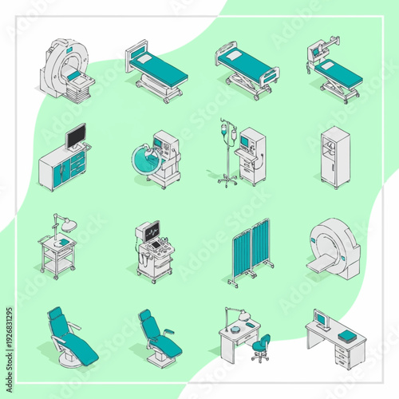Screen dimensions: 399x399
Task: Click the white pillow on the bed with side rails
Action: pos(234,55)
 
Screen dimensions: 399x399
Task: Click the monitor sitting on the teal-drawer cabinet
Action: pos(77,136)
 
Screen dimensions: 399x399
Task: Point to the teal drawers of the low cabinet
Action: pos(77,168)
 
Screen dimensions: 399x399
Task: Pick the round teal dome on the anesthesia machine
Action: pos(147,156)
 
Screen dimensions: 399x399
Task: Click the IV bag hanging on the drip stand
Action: pos(232,136)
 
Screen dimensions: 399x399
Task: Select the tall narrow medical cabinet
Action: pos(334,156)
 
